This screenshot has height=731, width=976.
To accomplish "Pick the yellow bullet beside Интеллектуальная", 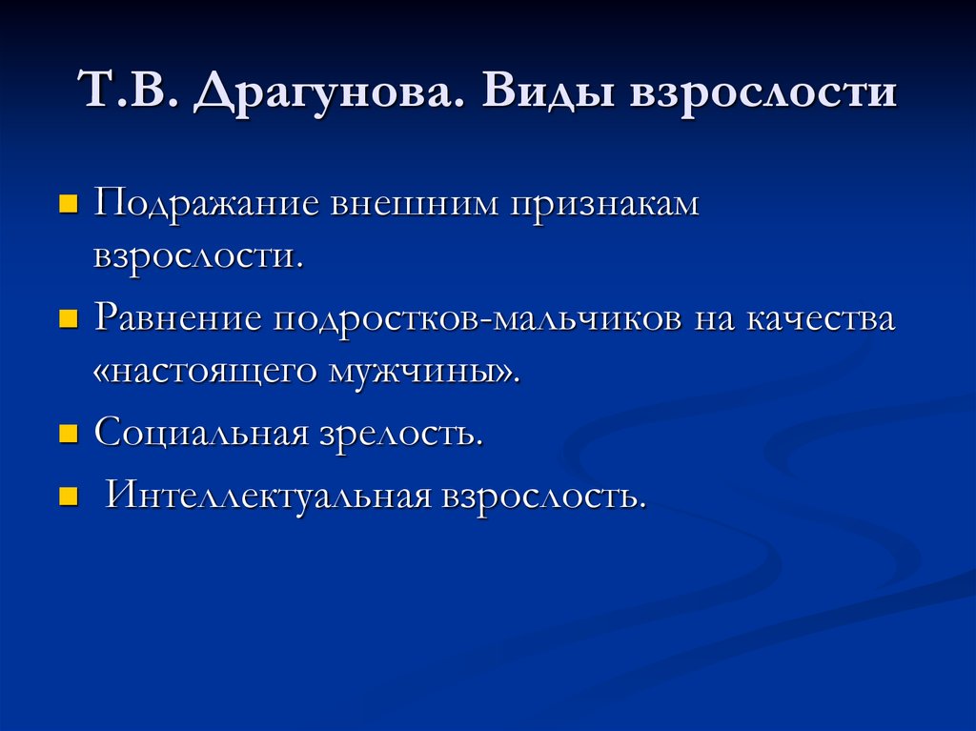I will point(68,496).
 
